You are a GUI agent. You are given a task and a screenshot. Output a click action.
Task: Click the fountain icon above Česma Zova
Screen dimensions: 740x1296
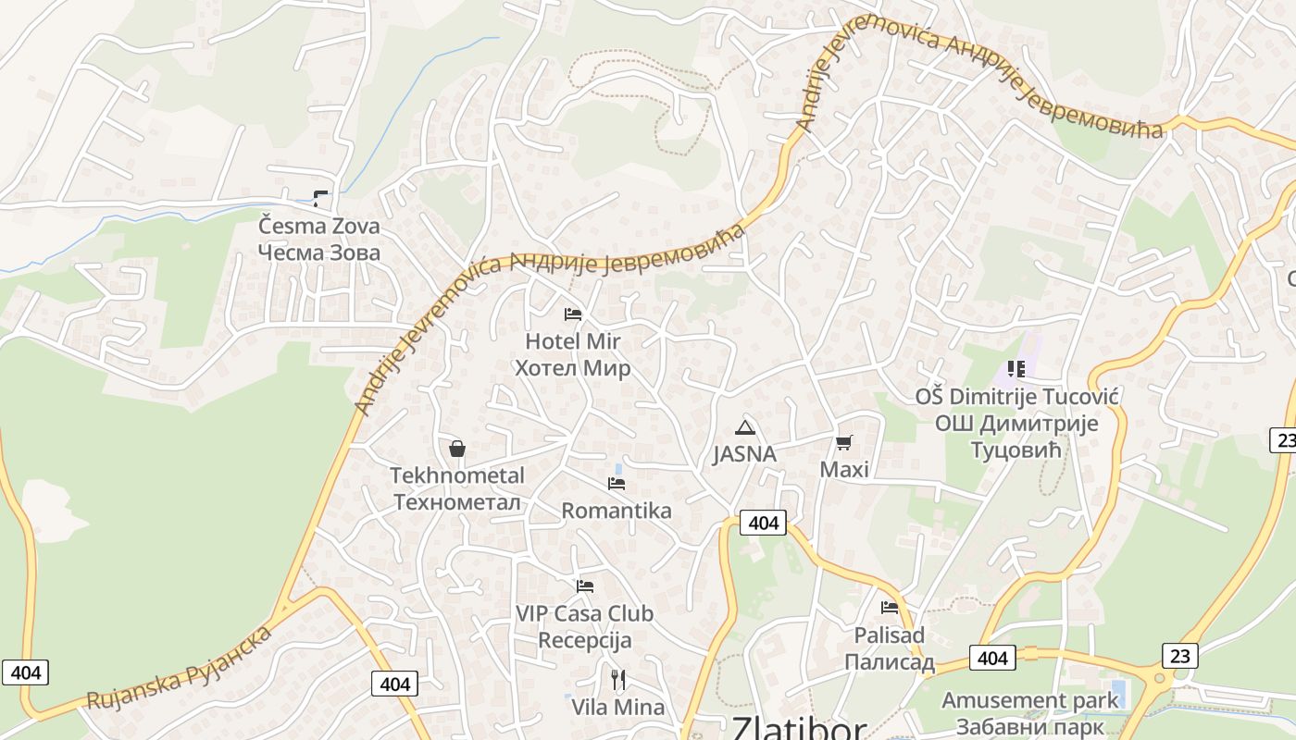pos(320,197)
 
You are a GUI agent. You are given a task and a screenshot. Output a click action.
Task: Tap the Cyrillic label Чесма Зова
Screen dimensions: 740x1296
pos(318,253)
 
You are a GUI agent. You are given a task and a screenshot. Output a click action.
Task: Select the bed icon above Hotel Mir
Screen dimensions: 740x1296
pos(573,314)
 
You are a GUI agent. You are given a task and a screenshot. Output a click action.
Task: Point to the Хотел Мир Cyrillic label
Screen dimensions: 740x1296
pos(572,368)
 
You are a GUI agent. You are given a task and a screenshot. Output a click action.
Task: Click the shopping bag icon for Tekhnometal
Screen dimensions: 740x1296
pos(456,450)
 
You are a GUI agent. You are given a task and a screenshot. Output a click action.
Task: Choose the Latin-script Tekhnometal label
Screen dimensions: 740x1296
pos(456,475)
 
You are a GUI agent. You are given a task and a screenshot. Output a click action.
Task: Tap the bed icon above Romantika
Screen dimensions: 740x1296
pos(617,484)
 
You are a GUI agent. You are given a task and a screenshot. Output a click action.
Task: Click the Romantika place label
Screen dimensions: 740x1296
pos(617,511)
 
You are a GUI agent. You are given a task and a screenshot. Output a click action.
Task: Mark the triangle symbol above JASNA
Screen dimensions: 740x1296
pos(744,427)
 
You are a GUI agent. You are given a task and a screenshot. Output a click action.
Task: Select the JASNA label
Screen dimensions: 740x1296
pos(744,454)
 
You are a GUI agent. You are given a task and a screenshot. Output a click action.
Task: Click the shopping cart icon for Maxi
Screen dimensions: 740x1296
pos(843,443)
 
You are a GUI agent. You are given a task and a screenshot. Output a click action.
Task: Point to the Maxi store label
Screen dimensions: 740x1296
pos(844,470)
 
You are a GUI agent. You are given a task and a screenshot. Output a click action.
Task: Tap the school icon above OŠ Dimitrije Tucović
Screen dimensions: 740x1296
pos(1016,369)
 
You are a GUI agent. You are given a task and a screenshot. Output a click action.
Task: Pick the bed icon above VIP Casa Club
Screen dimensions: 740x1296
pos(584,586)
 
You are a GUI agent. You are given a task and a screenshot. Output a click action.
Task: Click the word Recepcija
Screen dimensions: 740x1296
pos(584,640)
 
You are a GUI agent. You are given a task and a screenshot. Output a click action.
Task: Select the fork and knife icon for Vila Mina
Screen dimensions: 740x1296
pos(617,681)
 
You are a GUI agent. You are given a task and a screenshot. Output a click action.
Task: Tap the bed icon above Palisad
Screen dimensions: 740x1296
pos(890,608)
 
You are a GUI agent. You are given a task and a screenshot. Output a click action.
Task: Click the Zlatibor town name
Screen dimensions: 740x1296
pos(799,728)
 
